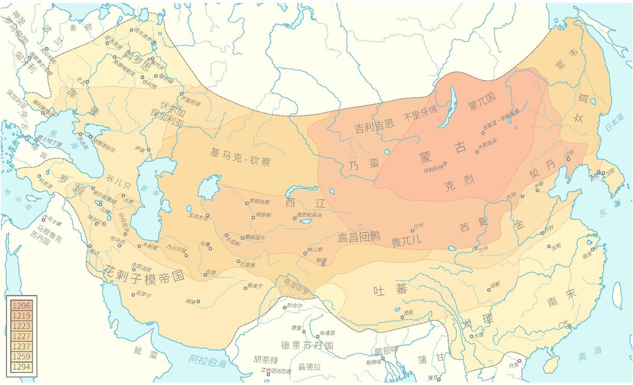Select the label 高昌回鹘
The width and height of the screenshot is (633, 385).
pyautogui.click(x=359, y=238)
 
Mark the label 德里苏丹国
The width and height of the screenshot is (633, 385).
pyautogui.click(x=307, y=346)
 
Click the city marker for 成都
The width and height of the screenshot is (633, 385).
pyautogui.click(x=488, y=289)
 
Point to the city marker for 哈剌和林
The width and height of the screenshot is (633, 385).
pyautogui.click(x=445, y=164)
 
